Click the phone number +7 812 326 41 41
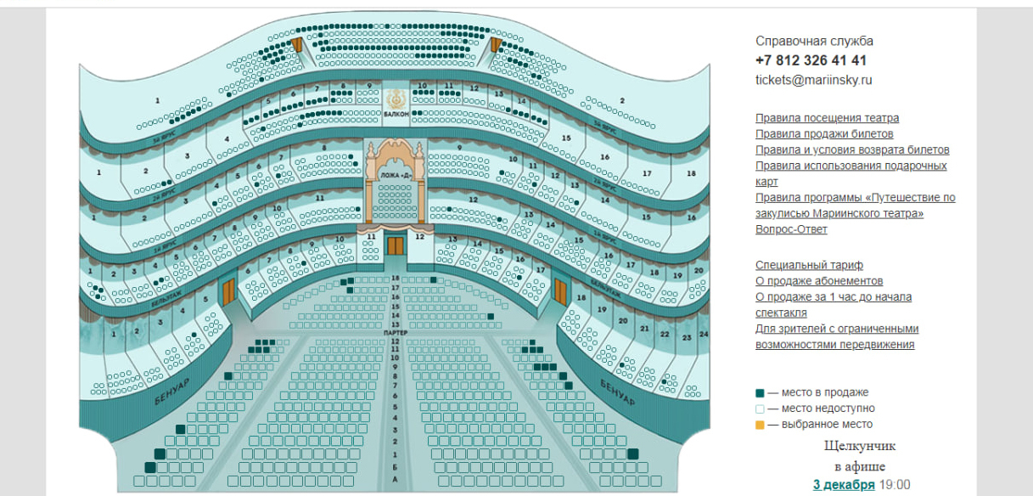pos(811,60)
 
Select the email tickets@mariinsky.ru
pos(813,80)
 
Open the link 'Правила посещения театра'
pos(827,118)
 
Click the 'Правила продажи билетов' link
pos(823,133)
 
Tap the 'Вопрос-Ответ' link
pos(791,228)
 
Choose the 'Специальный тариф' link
pos(809,265)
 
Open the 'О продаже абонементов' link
pos(819,280)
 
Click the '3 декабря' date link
pos(843,484)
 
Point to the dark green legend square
pos(760,393)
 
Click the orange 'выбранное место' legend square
pos(760,425)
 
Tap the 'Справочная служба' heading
pos(814,41)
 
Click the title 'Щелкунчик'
pos(859,446)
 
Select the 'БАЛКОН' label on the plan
pos(396,113)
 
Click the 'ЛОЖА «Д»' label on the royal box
pos(396,176)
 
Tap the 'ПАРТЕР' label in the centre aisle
pos(396,333)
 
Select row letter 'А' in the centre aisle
pos(395,479)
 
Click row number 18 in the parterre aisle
pos(395,279)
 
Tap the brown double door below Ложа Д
pos(396,245)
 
